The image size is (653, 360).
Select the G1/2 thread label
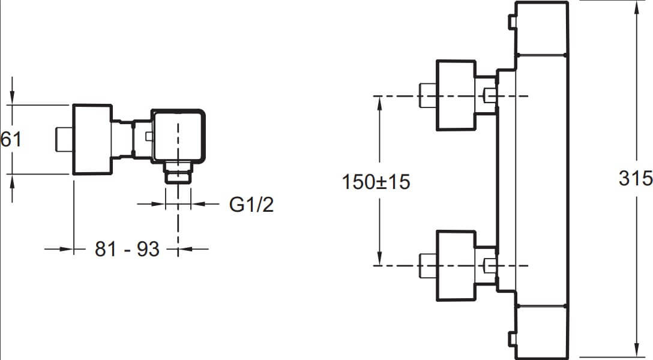[x=251, y=205]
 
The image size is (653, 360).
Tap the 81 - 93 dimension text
[x=127, y=249]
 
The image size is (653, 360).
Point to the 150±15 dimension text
[x=376, y=182]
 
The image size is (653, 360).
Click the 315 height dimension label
[x=636, y=178]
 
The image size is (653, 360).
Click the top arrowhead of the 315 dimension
[x=637, y=8]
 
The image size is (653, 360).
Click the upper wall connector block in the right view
[x=456, y=95]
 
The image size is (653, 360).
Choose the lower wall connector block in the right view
[x=456, y=266]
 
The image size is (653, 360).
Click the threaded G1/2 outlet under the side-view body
[x=178, y=172]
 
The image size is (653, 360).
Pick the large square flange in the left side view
[x=92, y=139]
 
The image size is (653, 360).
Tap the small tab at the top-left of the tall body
[x=512, y=22]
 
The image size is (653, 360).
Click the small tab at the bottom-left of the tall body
[x=512, y=338]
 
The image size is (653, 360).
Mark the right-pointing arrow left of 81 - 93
[x=59, y=249]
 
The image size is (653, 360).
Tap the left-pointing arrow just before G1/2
[x=205, y=204]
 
